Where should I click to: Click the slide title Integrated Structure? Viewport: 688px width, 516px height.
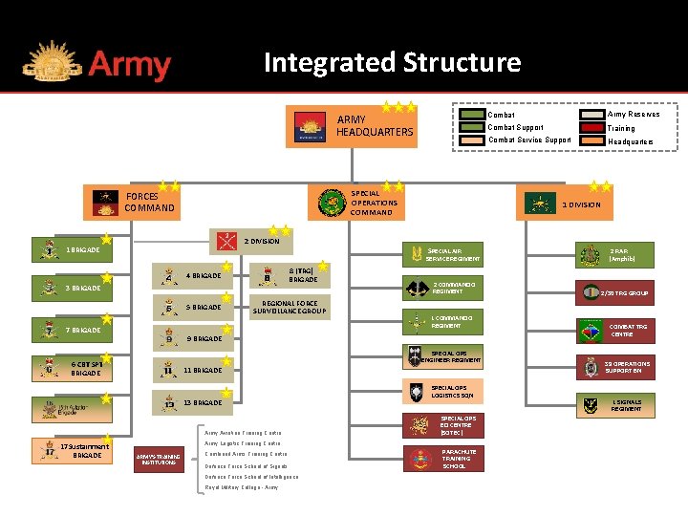392,63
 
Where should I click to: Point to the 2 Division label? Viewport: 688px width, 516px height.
261,241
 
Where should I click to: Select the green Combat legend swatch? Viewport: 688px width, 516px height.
472,115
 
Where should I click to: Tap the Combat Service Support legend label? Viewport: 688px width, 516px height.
528,140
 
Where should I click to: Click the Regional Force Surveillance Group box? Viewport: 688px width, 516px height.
289,307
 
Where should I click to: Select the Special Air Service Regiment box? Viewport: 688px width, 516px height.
443,254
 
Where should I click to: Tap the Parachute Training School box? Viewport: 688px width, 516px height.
443,459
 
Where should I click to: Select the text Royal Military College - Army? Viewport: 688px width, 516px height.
242,487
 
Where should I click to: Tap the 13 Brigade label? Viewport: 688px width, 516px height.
202,403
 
